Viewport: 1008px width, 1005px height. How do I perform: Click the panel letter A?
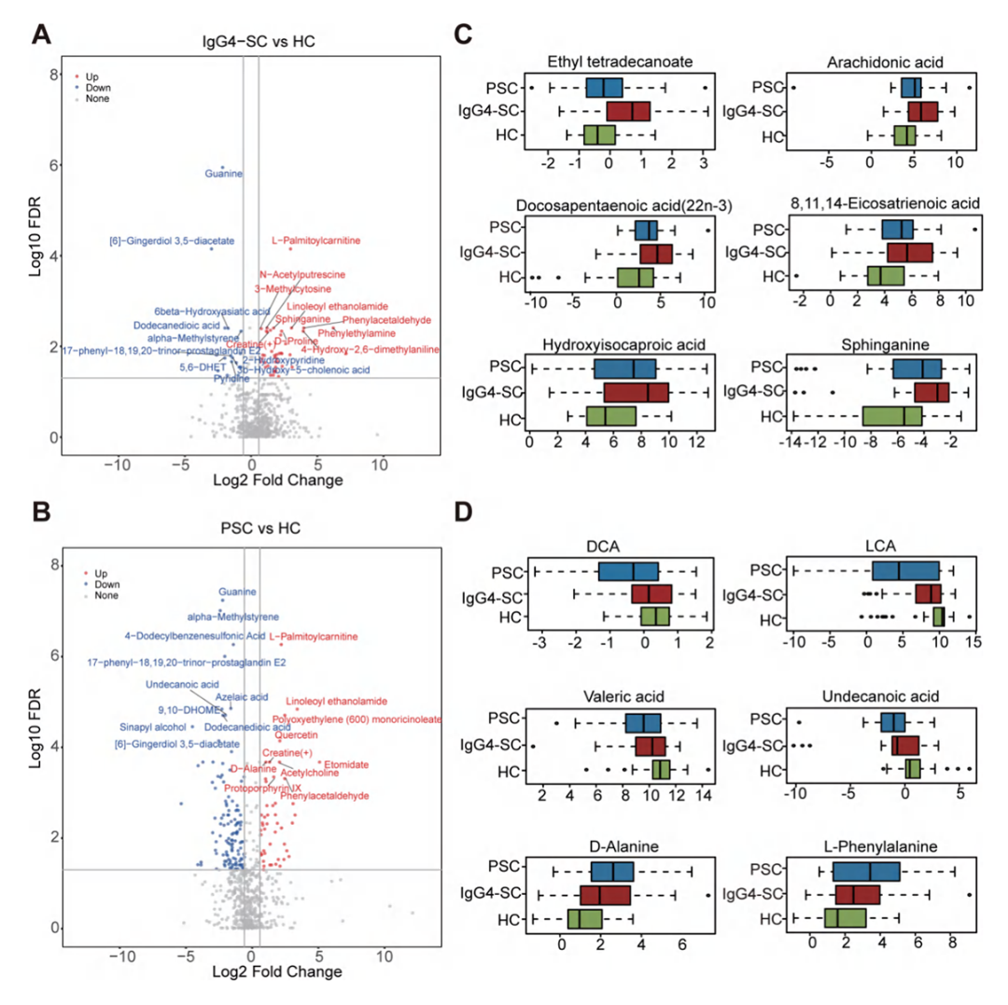click(41, 35)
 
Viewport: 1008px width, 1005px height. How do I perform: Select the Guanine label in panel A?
click(224, 174)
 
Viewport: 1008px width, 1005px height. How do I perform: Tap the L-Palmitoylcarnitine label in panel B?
click(313, 636)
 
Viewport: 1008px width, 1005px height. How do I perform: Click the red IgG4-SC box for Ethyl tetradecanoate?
click(628, 112)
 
